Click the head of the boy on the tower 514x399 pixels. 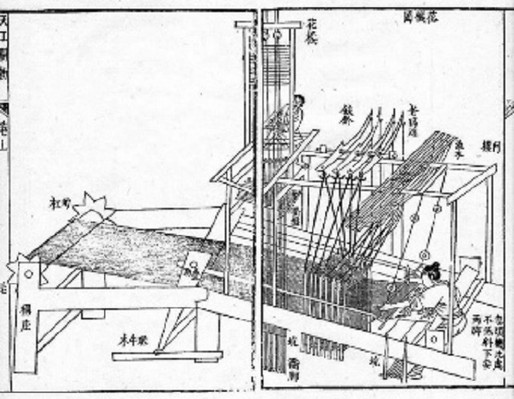[x=299, y=102]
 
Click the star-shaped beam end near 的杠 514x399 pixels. [x=92, y=210]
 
